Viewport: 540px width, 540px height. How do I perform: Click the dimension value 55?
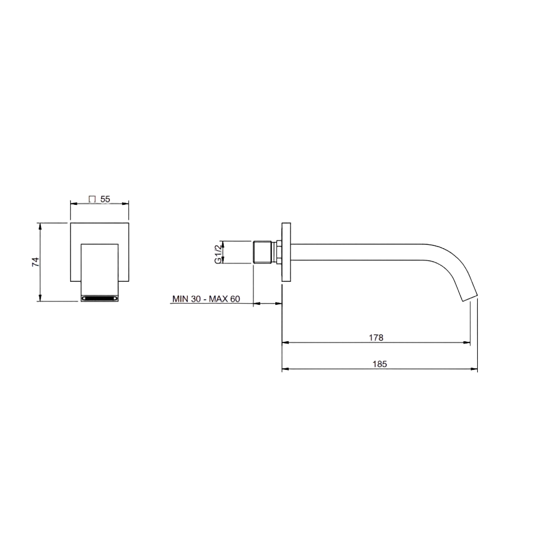pyautogui.click(x=105, y=199)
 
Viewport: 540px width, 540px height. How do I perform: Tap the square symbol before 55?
pyautogui.click(x=92, y=199)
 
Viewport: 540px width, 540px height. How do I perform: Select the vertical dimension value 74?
pyautogui.click(x=36, y=262)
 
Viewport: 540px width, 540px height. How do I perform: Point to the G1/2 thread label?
pyautogui.click(x=218, y=254)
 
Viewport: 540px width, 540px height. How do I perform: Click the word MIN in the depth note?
pyautogui.click(x=181, y=299)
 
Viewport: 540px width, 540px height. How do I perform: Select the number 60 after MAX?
pyautogui.click(x=235, y=299)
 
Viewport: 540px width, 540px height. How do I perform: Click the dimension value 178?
pyautogui.click(x=376, y=337)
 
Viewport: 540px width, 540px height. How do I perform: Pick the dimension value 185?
pyautogui.click(x=380, y=364)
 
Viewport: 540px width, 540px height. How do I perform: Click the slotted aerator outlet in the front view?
pyautogui.click(x=99, y=298)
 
